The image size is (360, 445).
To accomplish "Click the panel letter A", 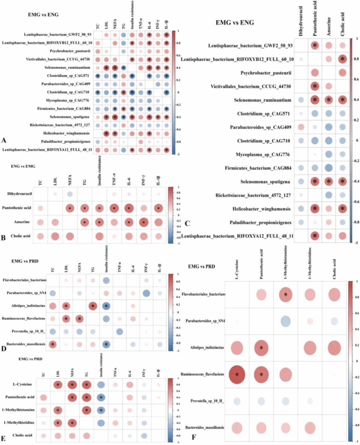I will tap(4, 140).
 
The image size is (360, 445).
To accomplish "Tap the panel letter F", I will tap(194, 437).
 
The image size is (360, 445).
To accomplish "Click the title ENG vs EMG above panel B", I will tap(23, 166).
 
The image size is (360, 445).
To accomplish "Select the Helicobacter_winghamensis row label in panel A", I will tap(66, 133).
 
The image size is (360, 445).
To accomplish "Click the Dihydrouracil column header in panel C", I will tap(301, 21).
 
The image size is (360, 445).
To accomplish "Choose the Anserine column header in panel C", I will tap(329, 27).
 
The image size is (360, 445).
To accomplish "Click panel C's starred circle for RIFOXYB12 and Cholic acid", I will tap(342, 59).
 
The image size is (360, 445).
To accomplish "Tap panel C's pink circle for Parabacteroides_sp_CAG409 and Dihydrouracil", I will tap(301, 127).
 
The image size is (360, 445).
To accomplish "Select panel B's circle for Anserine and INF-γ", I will tap(144, 222).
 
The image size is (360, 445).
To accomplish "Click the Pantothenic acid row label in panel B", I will tap(17, 208).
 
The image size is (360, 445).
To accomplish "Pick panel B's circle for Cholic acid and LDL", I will tap(55, 236).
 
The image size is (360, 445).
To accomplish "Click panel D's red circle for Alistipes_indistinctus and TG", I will tap(93, 306).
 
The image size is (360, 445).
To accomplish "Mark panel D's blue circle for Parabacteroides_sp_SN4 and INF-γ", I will tap(146, 293).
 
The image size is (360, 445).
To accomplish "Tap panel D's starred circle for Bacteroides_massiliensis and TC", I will tap(53, 344).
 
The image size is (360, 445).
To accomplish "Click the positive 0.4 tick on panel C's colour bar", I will tap(356, 100).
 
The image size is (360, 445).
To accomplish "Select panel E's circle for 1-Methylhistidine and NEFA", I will tap(72, 423).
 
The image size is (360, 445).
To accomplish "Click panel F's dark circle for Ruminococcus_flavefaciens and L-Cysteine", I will tap(237, 374).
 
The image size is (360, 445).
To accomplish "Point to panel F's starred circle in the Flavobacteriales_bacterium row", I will tap(285, 295).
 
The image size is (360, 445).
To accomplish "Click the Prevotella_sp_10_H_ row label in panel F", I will tap(207, 401).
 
